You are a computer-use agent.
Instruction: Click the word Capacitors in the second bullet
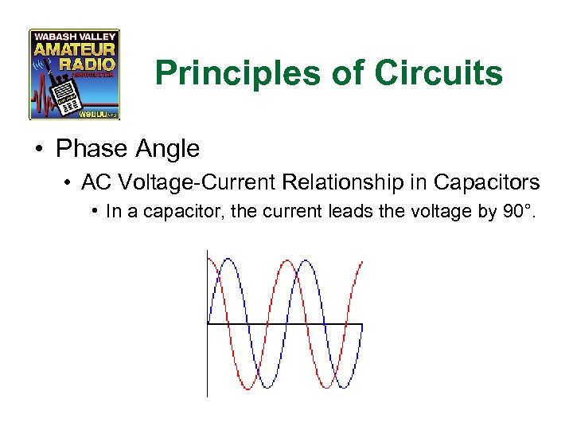tap(486, 182)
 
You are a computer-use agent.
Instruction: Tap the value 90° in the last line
tap(519, 213)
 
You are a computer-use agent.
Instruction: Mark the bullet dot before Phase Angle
tap(39, 149)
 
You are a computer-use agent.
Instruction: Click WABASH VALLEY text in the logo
tap(74, 37)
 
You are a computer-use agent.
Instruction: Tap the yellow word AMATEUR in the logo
tap(74, 49)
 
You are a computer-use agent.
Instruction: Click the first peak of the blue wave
tap(228, 260)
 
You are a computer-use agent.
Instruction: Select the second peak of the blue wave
tap(305, 260)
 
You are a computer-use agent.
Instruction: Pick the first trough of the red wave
tap(247, 388)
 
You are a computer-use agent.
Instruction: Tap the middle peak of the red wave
tap(286, 260)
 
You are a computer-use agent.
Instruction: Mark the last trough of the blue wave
tap(343, 388)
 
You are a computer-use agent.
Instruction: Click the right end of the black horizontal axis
tap(362, 324)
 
